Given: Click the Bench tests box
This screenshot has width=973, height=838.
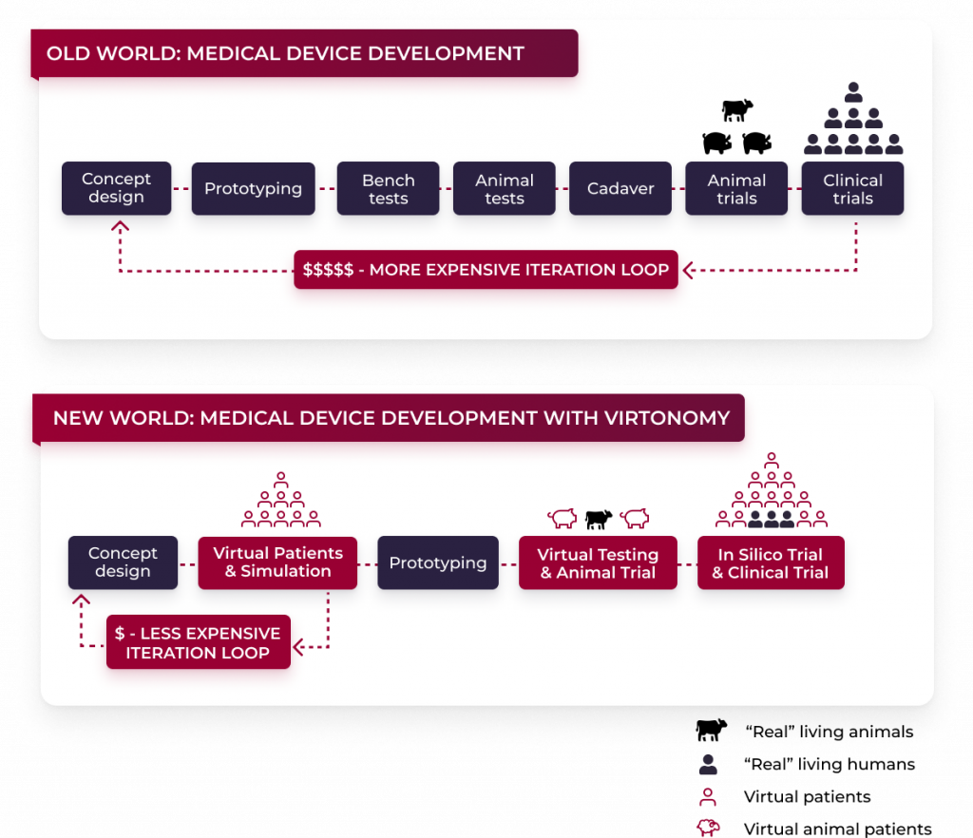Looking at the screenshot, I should [x=388, y=188].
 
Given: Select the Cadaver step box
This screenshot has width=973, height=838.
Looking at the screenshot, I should [x=620, y=188].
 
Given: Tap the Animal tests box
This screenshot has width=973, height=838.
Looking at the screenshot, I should [x=505, y=188].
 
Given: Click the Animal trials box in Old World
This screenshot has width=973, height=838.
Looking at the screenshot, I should [x=736, y=188].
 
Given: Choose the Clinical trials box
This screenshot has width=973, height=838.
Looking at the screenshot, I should [x=852, y=188].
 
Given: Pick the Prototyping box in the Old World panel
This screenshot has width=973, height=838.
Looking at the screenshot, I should [x=253, y=188].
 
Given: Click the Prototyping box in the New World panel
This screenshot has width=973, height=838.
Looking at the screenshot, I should [x=438, y=562].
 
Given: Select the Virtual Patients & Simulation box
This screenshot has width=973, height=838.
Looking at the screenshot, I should [x=277, y=562].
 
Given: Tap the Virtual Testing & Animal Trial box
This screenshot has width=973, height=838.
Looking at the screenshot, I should [x=598, y=562].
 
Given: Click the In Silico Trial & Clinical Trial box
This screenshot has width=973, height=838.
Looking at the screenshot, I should [x=771, y=562].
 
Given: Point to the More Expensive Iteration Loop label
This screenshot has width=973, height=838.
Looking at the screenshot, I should [x=486, y=270].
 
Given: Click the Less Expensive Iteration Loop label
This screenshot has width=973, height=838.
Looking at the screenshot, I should [x=198, y=642].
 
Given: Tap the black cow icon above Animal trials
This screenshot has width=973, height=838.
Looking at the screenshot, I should [x=736, y=110].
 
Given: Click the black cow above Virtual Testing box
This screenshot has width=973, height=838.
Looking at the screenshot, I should [x=599, y=519].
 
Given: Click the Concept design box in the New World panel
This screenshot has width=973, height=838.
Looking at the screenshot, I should [x=123, y=562].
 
